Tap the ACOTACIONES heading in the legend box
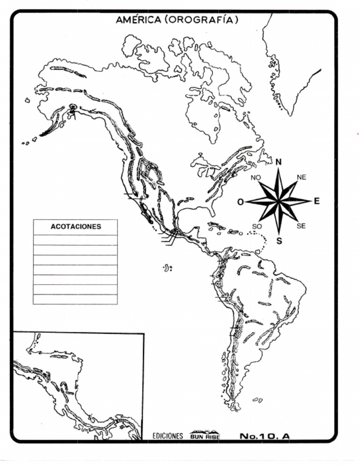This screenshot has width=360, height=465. pyautogui.click(x=75, y=227)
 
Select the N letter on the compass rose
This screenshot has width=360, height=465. pyautogui.click(x=278, y=162)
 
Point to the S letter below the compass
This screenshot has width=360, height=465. pyautogui.click(x=279, y=242)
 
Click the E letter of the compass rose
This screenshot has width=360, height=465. pyautogui.click(x=316, y=201)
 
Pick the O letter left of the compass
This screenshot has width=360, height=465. pyautogui.click(x=240, y=202)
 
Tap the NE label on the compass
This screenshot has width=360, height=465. pyautogui.click(x=301, y=177)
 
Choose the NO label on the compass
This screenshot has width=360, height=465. pyautogui.click(x=255, y=177)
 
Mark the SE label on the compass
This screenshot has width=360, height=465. pyautogui.click(x=301, y=226)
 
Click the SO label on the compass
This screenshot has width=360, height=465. pyautogui.click(x=256, y=227)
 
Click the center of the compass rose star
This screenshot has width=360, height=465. pyautogui.click(x=279, y=201)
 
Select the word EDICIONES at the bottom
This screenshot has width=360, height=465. pyautogui.click(x=167, y=436)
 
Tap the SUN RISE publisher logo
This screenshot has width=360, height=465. pyautogui.click(x=204, y=435)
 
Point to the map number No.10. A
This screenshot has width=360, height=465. pyautogui.click(x=264, y=436)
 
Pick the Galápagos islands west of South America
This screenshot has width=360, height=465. pyautogui.click(x=167, y=268)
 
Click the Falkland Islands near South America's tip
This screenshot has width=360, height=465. pyautogui.click(x=257, y=400)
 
